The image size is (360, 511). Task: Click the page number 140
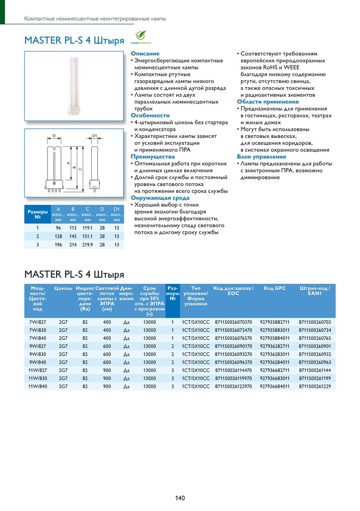tap(180, 498)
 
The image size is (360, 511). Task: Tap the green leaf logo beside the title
tap(140, 37)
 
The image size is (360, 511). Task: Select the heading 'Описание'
tap(145, 53)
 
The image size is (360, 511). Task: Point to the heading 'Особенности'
tap(150, 115)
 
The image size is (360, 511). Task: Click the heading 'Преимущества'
tap(152, 156)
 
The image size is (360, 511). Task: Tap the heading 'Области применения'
tap(268, 102)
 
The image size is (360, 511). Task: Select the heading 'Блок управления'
tap(261, 156)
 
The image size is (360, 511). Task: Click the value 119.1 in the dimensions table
tap(87, 228)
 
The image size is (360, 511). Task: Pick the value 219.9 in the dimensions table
tap(87, 245)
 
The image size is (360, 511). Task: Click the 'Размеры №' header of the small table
tap(38, 214)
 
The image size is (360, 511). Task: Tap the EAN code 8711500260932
tap(315, 354)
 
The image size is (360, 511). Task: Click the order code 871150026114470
tap(233, 370)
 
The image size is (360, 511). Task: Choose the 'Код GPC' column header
tap(275, 288)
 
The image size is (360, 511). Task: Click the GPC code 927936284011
tap(275, 362)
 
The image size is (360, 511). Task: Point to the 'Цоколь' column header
tap(63, 288)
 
